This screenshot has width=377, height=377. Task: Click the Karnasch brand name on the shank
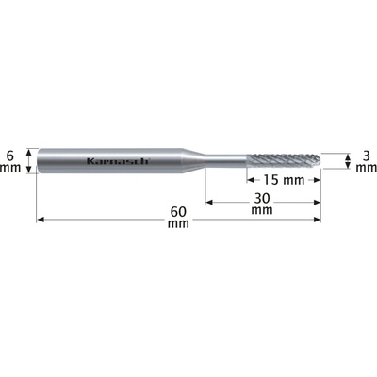[x=117, y=161]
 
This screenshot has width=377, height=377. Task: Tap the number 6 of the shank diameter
[x=10, y=156]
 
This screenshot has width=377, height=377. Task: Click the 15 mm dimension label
[x=284, y=180]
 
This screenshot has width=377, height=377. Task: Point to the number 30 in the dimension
[x=262, y=199]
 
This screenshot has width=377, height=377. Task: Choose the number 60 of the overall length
[x=178, y=212]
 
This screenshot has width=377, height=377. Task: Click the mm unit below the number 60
[x=178, y=224]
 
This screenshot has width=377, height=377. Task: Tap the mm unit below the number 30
[x=262, y=210]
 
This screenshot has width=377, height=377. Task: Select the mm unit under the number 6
[x=10, y=168]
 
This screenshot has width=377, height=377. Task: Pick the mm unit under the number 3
[x=367, y=168]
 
